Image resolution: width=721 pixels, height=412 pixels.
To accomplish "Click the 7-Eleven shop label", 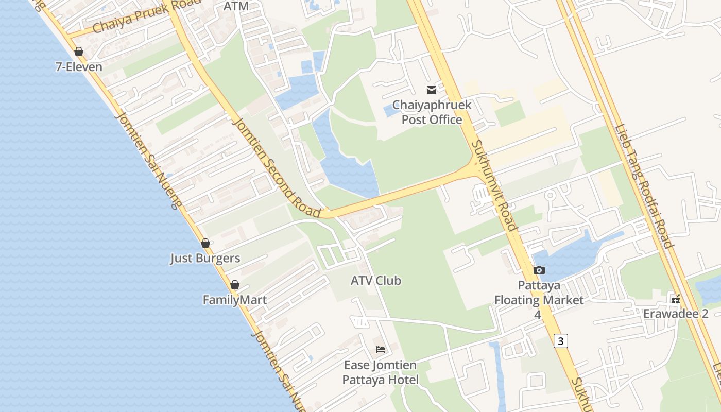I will [79, 67].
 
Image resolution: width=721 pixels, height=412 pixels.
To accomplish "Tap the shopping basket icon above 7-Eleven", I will [79, 51].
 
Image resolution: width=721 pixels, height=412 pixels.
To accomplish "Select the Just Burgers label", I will [205, 258].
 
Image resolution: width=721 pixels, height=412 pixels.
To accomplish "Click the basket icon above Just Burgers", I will [205, 243].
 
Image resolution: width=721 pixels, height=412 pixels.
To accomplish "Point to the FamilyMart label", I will [234, 300].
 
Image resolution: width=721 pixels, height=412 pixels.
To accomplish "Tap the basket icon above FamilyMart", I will [235, 285].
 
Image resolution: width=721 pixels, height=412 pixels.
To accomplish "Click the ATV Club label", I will [375, 281].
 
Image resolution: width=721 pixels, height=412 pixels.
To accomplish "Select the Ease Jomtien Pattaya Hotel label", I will [381, 372].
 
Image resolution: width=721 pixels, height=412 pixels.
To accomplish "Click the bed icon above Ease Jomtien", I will [381, 350].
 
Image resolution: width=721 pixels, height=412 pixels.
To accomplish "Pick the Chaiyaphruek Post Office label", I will [432, 112].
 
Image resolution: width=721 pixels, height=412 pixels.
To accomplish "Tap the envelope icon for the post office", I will [432, 90].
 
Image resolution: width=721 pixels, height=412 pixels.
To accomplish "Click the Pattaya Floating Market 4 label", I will [539, 299].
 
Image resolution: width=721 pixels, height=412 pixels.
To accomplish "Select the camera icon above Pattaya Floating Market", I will [539, 270].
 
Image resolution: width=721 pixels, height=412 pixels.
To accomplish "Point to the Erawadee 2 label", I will [676, 314].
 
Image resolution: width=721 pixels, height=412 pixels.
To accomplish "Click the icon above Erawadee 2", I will [676, 299].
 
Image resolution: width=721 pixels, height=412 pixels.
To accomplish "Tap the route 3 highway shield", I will [561, 340].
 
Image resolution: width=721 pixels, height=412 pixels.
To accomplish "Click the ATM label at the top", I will [236, 6].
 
